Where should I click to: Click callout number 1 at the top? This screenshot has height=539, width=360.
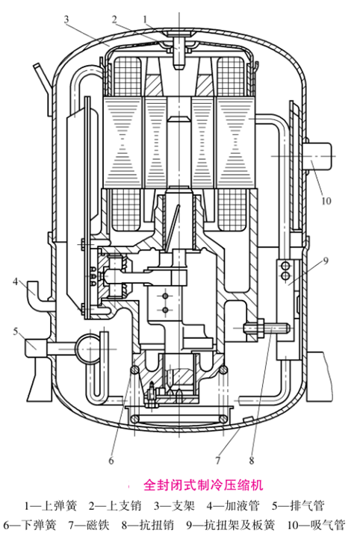click(146, 19)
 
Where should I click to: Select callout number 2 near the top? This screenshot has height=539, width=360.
click(114, 19)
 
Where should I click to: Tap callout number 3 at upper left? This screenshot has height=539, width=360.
click(66, 19)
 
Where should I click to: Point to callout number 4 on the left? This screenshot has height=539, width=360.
click(15, 281)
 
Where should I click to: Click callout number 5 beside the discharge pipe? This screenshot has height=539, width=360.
click(15, 331)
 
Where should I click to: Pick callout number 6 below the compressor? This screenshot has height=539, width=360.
click(111, 461)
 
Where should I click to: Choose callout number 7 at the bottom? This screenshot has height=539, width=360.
click(217, 461)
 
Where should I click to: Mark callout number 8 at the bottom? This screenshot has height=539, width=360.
click(252, 461)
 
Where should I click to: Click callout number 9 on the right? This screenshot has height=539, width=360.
click(326, 261)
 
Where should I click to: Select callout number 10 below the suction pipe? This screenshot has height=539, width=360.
click(326, 200)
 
